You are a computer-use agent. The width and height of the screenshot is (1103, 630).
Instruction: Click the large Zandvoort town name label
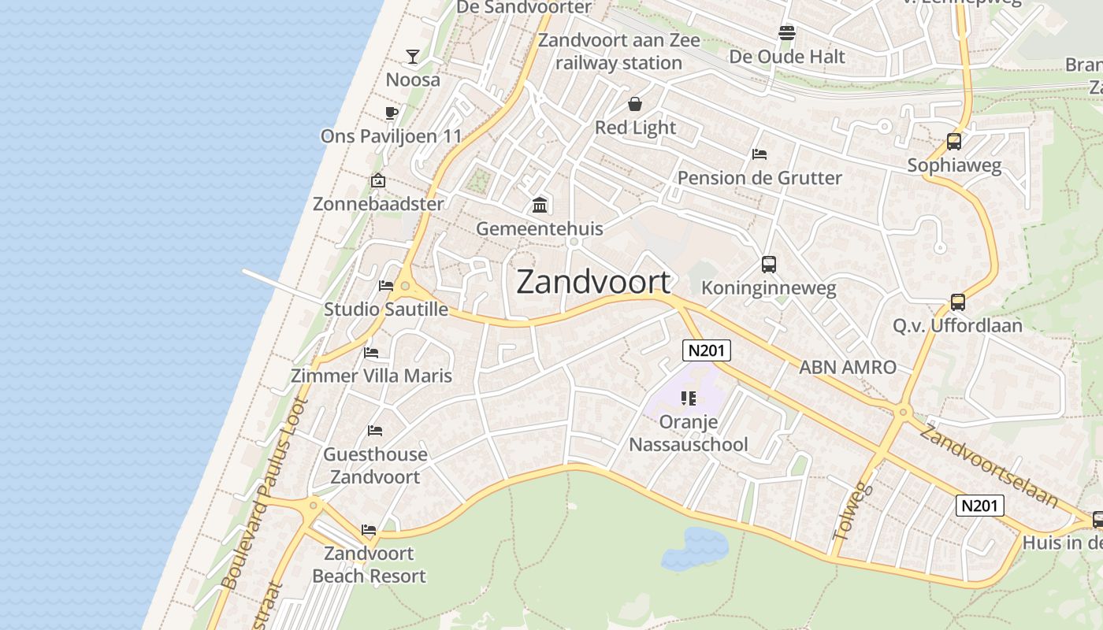[x=593, y=282]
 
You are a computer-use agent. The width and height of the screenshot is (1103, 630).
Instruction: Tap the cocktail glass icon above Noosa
[x=412, y=56]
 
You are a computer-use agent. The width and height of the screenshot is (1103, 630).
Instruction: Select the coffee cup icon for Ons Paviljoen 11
[x=391, y=113]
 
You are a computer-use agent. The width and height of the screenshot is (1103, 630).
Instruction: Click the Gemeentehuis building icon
[x=540, y=206]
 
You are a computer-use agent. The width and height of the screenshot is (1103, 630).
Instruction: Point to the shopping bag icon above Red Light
[x=635, y=104]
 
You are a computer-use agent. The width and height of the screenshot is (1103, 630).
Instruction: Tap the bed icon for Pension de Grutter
[x=759, y=154]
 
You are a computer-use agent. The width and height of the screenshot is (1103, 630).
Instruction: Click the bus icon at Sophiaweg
[x=953, y=142]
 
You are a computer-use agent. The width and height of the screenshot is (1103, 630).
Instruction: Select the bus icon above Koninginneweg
[x=769, y=265]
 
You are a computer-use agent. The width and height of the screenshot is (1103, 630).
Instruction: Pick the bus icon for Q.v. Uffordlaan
[x=957, y=302]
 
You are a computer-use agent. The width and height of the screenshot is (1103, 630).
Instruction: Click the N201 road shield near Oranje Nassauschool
[x=707, y=351]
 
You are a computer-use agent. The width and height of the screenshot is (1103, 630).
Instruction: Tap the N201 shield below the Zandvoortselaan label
[x=980, y=506]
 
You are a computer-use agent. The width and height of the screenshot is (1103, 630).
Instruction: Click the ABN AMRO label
[x=848, y=367]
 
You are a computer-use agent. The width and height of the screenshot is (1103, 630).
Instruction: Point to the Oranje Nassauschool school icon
[x=689, y=398]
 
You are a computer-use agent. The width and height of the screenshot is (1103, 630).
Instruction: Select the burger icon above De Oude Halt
[x=786, y=33]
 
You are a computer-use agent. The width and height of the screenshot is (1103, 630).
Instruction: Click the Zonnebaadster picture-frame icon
[x=378, y=181]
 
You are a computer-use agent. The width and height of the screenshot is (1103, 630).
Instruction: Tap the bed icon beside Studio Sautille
[x=386, y=286]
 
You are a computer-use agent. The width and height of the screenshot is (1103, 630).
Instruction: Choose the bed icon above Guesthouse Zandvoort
[x=375, y=431]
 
